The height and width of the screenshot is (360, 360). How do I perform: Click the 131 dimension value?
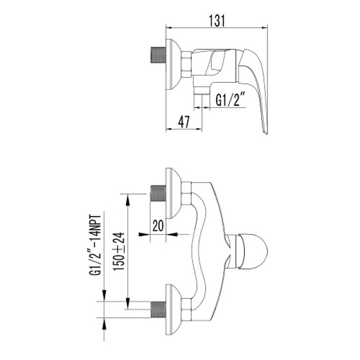[x=217, y=21]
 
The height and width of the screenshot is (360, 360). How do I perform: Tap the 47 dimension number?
[x=184, y=122]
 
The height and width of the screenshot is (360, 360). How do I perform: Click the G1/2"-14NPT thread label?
[x=95, y=245]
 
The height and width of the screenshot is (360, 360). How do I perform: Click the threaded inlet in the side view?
[x=158, y=55]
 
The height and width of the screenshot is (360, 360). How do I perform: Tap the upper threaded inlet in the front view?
[x=158, y=193]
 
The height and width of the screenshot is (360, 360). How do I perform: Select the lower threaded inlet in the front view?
[x=158, y=309]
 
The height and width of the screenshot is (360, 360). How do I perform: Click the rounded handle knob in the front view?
[x=254, y=251]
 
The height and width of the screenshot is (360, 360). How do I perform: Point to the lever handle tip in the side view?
[x=265, y=133]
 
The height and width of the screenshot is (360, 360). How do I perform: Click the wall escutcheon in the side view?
[x=174, y=64]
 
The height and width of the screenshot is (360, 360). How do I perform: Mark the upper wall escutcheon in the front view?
[x=174, y=193]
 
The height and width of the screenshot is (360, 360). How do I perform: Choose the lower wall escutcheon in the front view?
[x=174, y=310]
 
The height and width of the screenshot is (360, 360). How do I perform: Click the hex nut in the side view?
[x=186, y=64]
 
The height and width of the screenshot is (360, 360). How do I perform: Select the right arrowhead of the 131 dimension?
[x=265, y=28]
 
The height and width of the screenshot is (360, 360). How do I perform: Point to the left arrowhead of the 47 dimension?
[x=169, y=129]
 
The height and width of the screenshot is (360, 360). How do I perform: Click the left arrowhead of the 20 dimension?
[x=144, y=235]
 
